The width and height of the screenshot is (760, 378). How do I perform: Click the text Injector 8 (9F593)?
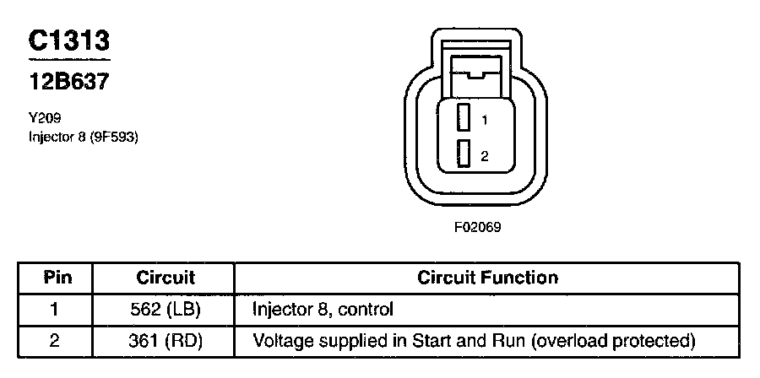pyautogui.click(x=83, y=135)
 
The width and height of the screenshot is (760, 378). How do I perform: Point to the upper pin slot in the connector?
pyautogui.click(x=463, y=118)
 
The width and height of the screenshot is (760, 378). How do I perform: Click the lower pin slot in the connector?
pyautogui.click(x=463, y=154)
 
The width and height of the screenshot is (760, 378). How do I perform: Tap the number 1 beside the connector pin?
pyautogui.click(x=484, y=120)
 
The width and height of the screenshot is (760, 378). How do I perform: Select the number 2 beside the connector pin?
pyautogui.click(x=484, y=156)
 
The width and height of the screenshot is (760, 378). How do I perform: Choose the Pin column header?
pyautogui.click(x=57, y=278)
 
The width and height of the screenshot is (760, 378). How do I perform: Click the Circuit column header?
pyautogui.click(x=166, y=278)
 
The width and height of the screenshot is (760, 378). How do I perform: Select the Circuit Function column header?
pyautogui.click(x=487, y=278)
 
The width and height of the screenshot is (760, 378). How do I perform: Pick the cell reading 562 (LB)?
pyautogui.click(x=166, y=310)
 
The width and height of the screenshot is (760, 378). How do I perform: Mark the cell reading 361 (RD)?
pyautogui.click(x=166, y=341)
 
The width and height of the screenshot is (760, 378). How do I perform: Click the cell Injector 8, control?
pyautogui.click(x=323, y=310)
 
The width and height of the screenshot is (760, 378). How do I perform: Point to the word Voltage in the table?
pyautogui.click(x=281, y=341)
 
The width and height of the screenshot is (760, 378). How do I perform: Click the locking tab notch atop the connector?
pyautogui.click(x=476, y=76)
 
